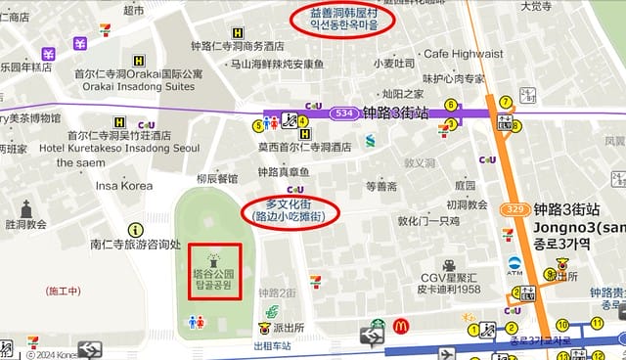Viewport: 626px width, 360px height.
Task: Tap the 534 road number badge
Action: pyautogui.click(x=341, y=112)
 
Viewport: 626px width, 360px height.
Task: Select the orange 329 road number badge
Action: pyautogui.click(x=517, y=209)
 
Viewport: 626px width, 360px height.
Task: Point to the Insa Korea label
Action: pyautogui.click(x=124, y=185)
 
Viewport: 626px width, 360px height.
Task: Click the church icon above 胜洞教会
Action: pyautogui.click(x=26, y=207)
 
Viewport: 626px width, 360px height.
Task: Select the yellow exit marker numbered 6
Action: pyautogui.click(x=451, y=105)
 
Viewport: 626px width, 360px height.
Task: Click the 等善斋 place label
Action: pyautogui.click(x=380, y=186)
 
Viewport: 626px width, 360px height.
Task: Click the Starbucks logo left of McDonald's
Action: pyautogui.click(x=377, y=324)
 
